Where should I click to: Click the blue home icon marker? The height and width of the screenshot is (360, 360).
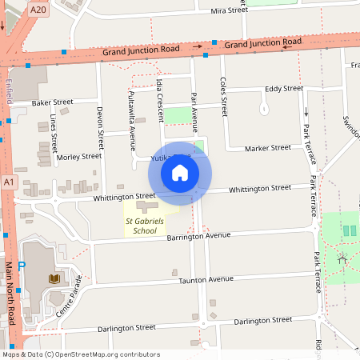[x=180, y=173]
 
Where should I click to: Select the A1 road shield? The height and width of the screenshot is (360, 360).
[x=9, y=183]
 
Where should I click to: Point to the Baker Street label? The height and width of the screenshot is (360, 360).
[x=52, y=102]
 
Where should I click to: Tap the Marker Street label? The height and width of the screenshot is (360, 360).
[x=267, y=148]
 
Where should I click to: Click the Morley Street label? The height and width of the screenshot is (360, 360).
[x=78, y=157]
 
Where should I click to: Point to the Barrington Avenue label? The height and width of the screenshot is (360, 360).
[x=198, y=237]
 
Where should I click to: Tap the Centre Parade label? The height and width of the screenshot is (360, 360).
[x=70, y=294]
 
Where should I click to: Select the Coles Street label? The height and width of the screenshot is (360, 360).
[x=224, y=95]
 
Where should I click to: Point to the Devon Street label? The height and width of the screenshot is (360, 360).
[x=100, y=127]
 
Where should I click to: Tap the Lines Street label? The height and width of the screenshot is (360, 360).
[x=54, y=133]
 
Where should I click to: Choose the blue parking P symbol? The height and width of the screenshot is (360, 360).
[x=22, y=265]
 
